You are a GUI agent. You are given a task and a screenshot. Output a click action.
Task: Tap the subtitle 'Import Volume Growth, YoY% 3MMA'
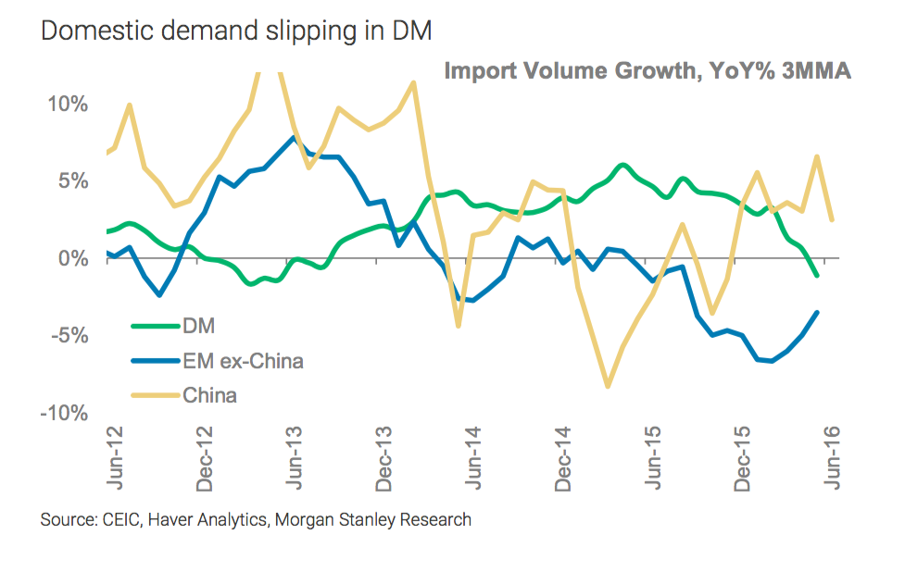pos(647,71)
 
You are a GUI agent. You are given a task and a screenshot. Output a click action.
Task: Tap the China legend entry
pos(210,395)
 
